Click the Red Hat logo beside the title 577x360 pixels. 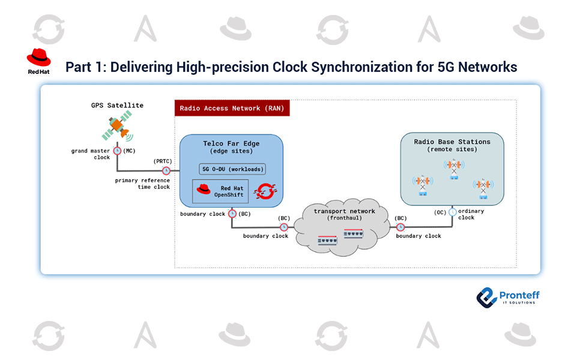[x=38, y=61]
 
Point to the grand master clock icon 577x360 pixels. [x=117, y=151]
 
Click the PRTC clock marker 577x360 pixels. [x=166, y=170]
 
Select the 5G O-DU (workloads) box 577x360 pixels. [x=232, y=169]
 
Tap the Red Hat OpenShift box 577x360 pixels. [x=220, y=191]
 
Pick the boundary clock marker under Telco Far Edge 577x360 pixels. [x=232, y=214]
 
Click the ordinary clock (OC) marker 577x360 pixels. [x=452, y=212]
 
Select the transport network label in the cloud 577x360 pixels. [x=345, y=211]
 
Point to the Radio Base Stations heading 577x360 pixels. [x=452, y=142]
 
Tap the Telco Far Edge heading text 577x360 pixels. [x=231, y=144]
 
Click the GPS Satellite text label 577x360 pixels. [x=117, y=105]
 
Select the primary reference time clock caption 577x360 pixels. [x=143, y=184]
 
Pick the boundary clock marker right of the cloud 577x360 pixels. [x=400, y=227]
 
